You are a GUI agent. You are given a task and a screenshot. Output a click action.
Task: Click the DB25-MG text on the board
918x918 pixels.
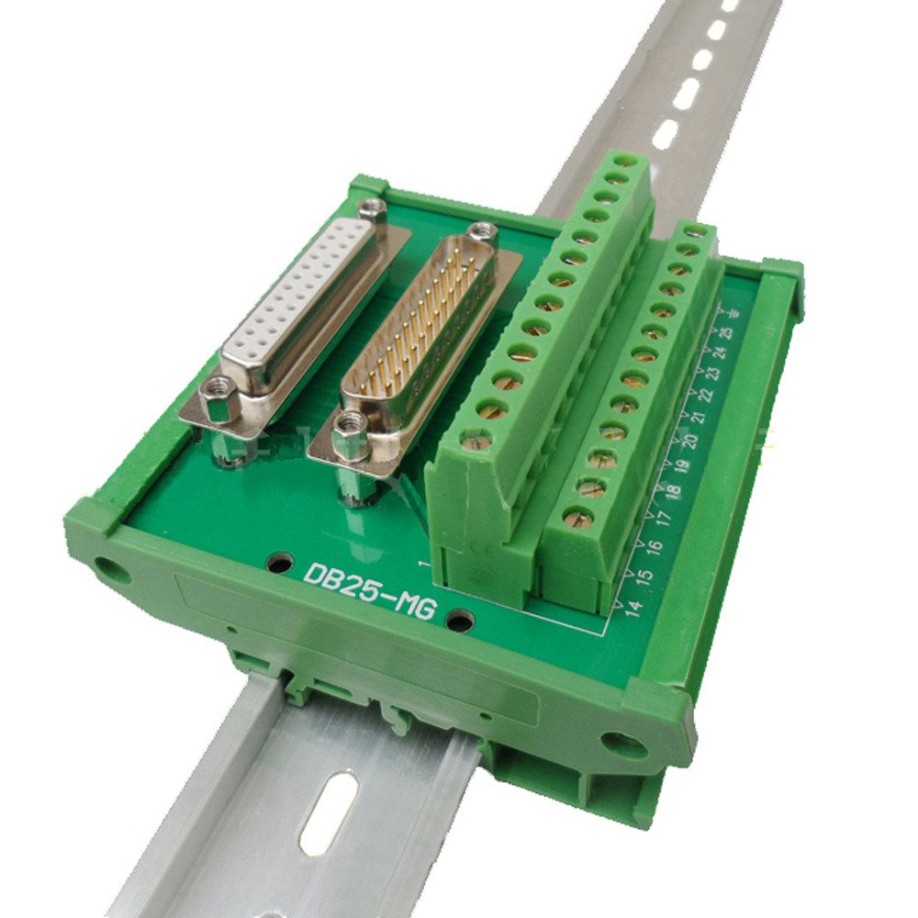(x=369, y=589)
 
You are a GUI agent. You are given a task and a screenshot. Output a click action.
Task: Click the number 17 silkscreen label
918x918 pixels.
(x=666, y=516)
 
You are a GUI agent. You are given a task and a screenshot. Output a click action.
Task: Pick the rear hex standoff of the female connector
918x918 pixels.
(x=372, y=209)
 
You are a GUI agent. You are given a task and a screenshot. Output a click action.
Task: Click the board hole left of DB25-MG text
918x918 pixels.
(x=281, y=563)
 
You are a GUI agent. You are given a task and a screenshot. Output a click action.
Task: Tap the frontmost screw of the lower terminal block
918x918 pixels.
(x=577, y=517)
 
